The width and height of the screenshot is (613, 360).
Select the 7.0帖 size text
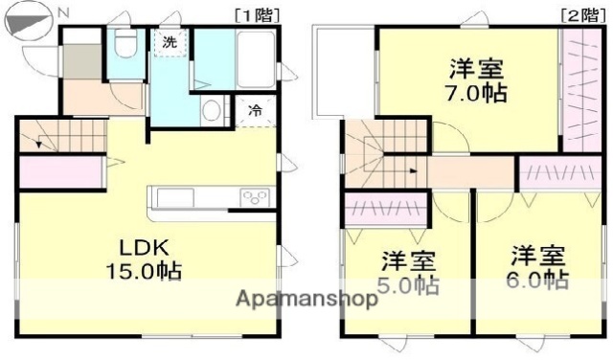pos(476,94)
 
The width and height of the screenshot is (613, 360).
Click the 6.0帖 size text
pos(537,280)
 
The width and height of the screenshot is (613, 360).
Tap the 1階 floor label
pos(252,13)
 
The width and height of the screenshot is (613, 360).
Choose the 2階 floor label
pos(576,13)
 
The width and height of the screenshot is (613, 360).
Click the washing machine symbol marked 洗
pos(169,43)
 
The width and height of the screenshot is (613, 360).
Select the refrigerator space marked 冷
pos(255,111)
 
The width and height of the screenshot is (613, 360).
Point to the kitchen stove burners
pos(257,198)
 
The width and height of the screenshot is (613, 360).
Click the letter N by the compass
pos(63,11)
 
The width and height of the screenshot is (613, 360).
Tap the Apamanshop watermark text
pos(306,299)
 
